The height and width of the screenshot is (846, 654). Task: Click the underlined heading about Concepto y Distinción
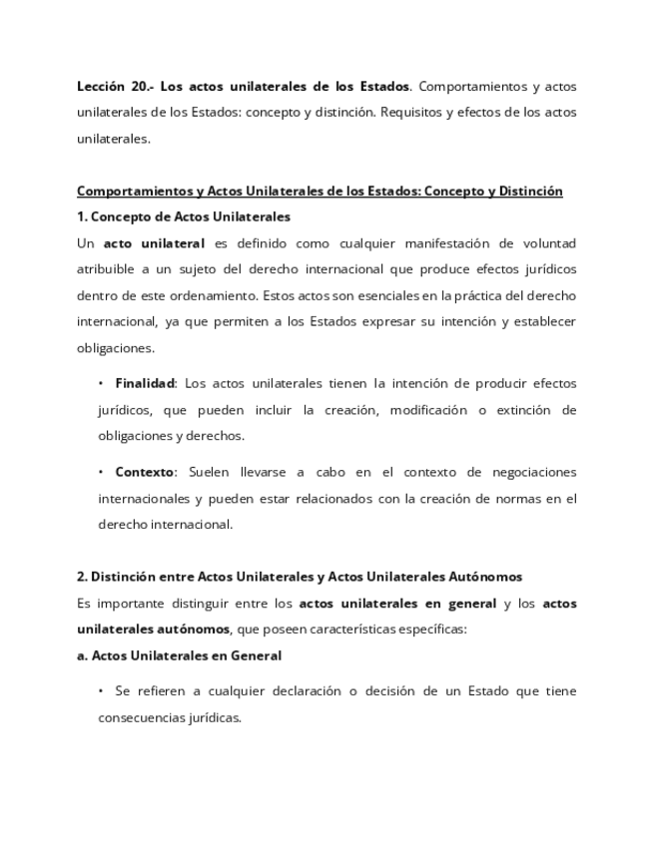point(320,192)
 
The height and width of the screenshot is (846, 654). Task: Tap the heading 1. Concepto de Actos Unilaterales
point(184,216)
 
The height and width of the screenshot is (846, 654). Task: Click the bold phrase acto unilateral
point(154,243)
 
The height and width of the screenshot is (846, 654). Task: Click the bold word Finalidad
point(145,383)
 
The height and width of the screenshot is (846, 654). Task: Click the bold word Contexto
point(145,472)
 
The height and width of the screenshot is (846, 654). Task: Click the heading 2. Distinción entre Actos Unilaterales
point(300,577)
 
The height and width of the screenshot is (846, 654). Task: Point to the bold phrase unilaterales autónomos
point(153,630)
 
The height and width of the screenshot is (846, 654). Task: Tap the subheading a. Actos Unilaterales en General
point(179,655)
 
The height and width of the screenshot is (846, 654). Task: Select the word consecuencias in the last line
point(139,717)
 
